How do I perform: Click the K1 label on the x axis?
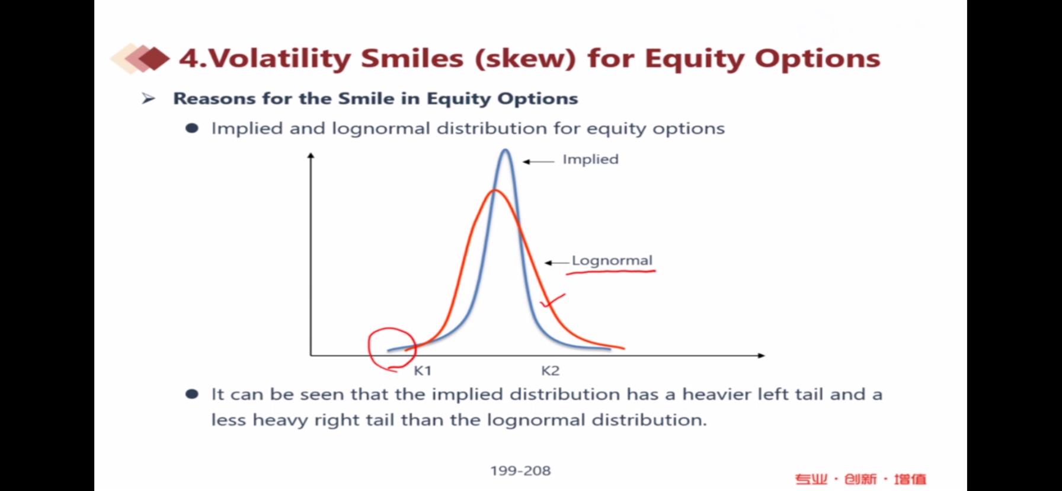click(423, 371)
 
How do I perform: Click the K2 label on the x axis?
click(550, 371)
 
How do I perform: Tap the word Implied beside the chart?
click(590, 159)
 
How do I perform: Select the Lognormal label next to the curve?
click(612, 260)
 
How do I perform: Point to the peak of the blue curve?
click(506, 151)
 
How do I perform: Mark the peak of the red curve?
click(495, 190)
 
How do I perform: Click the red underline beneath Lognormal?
click(611, 272)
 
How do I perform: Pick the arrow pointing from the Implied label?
click(538, 161)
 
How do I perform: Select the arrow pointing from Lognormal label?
click(556, 263)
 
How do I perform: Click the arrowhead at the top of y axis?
click(311, 155)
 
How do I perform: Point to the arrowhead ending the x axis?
click(762, 355)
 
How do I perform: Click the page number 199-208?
click(520, 471)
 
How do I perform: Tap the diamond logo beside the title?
click(140, 58)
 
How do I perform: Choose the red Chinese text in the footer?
click(861, 479)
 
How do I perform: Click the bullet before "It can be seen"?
click(192, 394)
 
